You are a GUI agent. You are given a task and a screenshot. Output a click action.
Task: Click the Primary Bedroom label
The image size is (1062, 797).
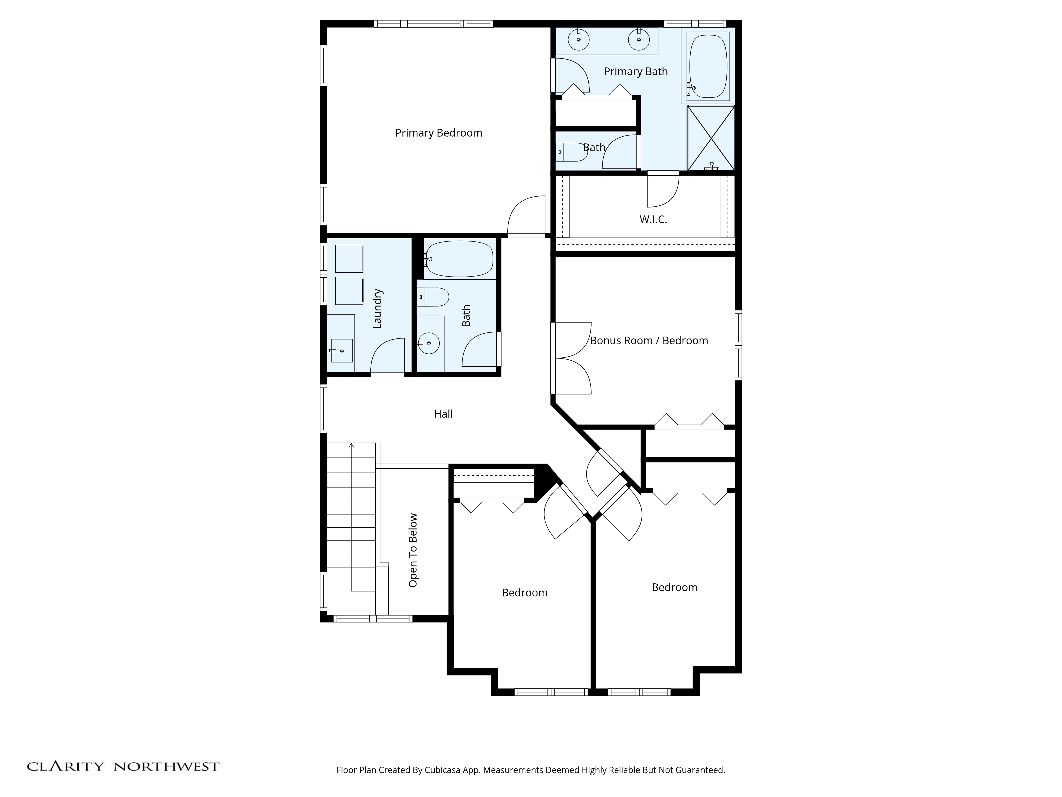point(438,133)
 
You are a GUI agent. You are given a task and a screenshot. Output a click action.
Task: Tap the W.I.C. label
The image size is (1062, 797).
point(653,219)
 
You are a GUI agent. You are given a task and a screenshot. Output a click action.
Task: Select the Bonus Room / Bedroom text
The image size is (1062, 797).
point(649,341)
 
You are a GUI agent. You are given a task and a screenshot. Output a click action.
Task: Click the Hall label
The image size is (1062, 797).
point(443,414)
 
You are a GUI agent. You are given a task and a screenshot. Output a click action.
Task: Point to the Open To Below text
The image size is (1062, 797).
point(413,550)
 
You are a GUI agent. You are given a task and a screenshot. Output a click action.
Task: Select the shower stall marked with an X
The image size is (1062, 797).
point(710,138)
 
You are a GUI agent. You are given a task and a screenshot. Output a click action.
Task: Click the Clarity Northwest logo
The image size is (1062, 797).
point(123,766)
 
